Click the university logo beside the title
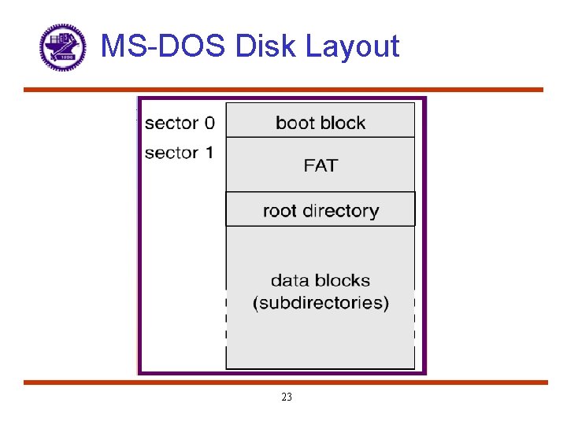click(x=62, y=46)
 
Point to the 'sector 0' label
click(x=179, y=123)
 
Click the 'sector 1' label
click(x=179, y=153)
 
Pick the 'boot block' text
click(x=321, y=123)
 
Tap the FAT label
click(x=321, y=165)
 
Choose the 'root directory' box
click(x=321, y=210)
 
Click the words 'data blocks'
click(x=321, y=280)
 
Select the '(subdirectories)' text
click(x=321, y=303)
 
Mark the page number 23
click(x=286, y=397)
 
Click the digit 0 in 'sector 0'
click(x=209, y=123)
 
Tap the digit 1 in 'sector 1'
click(x=208, y=153)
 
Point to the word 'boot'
click(x=294, y=123)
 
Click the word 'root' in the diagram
click(x=280, y=211)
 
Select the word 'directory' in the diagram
click(x=340, y=211)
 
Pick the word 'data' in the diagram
click(x=289, y=280)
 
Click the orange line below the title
click(x=283, y=90)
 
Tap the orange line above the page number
click(x=283, y=382)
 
